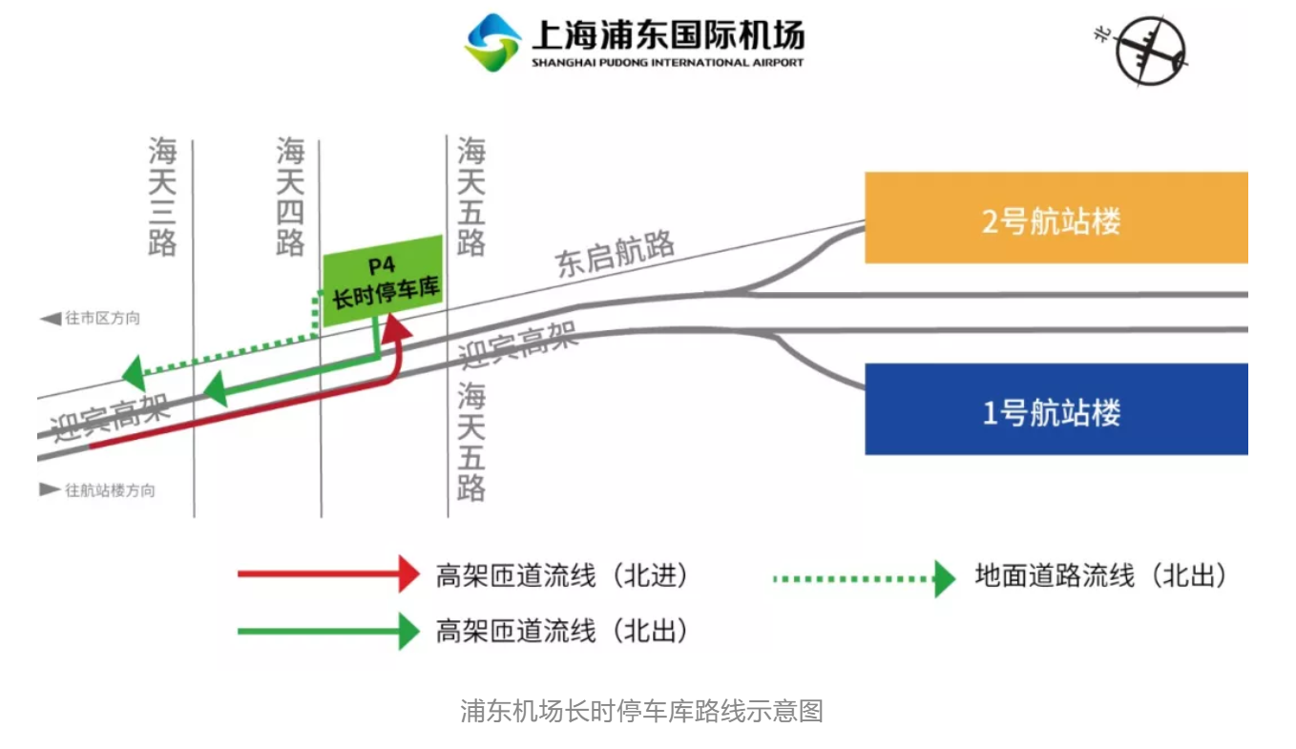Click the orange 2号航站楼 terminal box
1056,218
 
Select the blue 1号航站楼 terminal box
1056,409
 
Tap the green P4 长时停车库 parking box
383,281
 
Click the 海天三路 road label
162,196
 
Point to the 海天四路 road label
290,196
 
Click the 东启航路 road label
615,254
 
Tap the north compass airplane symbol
1150,51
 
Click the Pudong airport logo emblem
491,42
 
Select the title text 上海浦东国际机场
668,34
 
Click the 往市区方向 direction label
102,318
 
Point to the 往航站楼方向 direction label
110,490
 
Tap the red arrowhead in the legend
409,573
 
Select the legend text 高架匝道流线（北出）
562,631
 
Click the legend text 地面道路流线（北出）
1100,575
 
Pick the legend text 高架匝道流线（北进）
562,575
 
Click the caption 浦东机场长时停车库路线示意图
641,711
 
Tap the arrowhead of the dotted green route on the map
134,373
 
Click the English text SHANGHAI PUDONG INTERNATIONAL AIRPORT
668,62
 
